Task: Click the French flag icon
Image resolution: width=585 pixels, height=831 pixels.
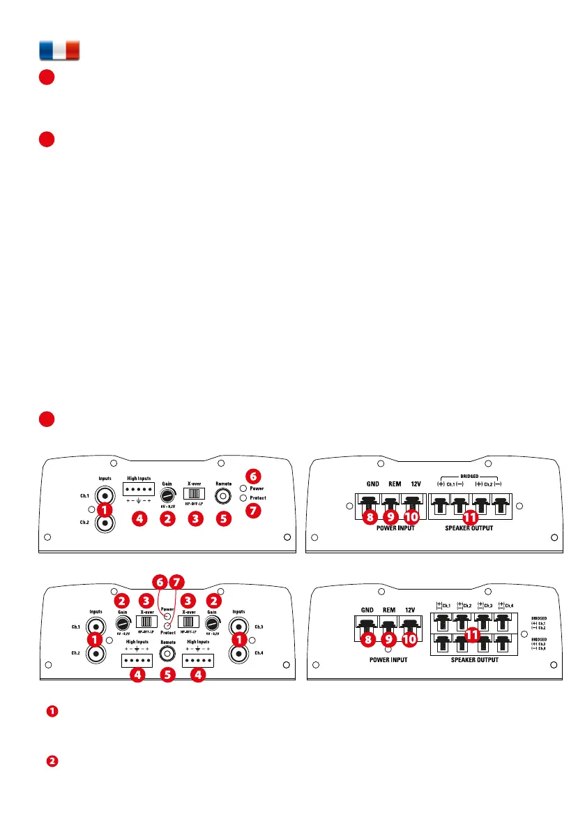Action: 59,51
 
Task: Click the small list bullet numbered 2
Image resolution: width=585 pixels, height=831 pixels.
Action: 52,761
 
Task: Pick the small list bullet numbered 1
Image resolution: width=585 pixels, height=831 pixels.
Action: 52,712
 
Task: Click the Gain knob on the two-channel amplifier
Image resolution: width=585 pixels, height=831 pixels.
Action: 167,496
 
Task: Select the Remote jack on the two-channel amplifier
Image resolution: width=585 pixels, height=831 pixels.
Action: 223,495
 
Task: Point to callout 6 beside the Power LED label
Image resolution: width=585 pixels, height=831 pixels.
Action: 254,477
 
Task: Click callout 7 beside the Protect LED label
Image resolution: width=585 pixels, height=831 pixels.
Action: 254,510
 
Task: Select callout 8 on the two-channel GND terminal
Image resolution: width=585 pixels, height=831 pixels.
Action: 369,517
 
